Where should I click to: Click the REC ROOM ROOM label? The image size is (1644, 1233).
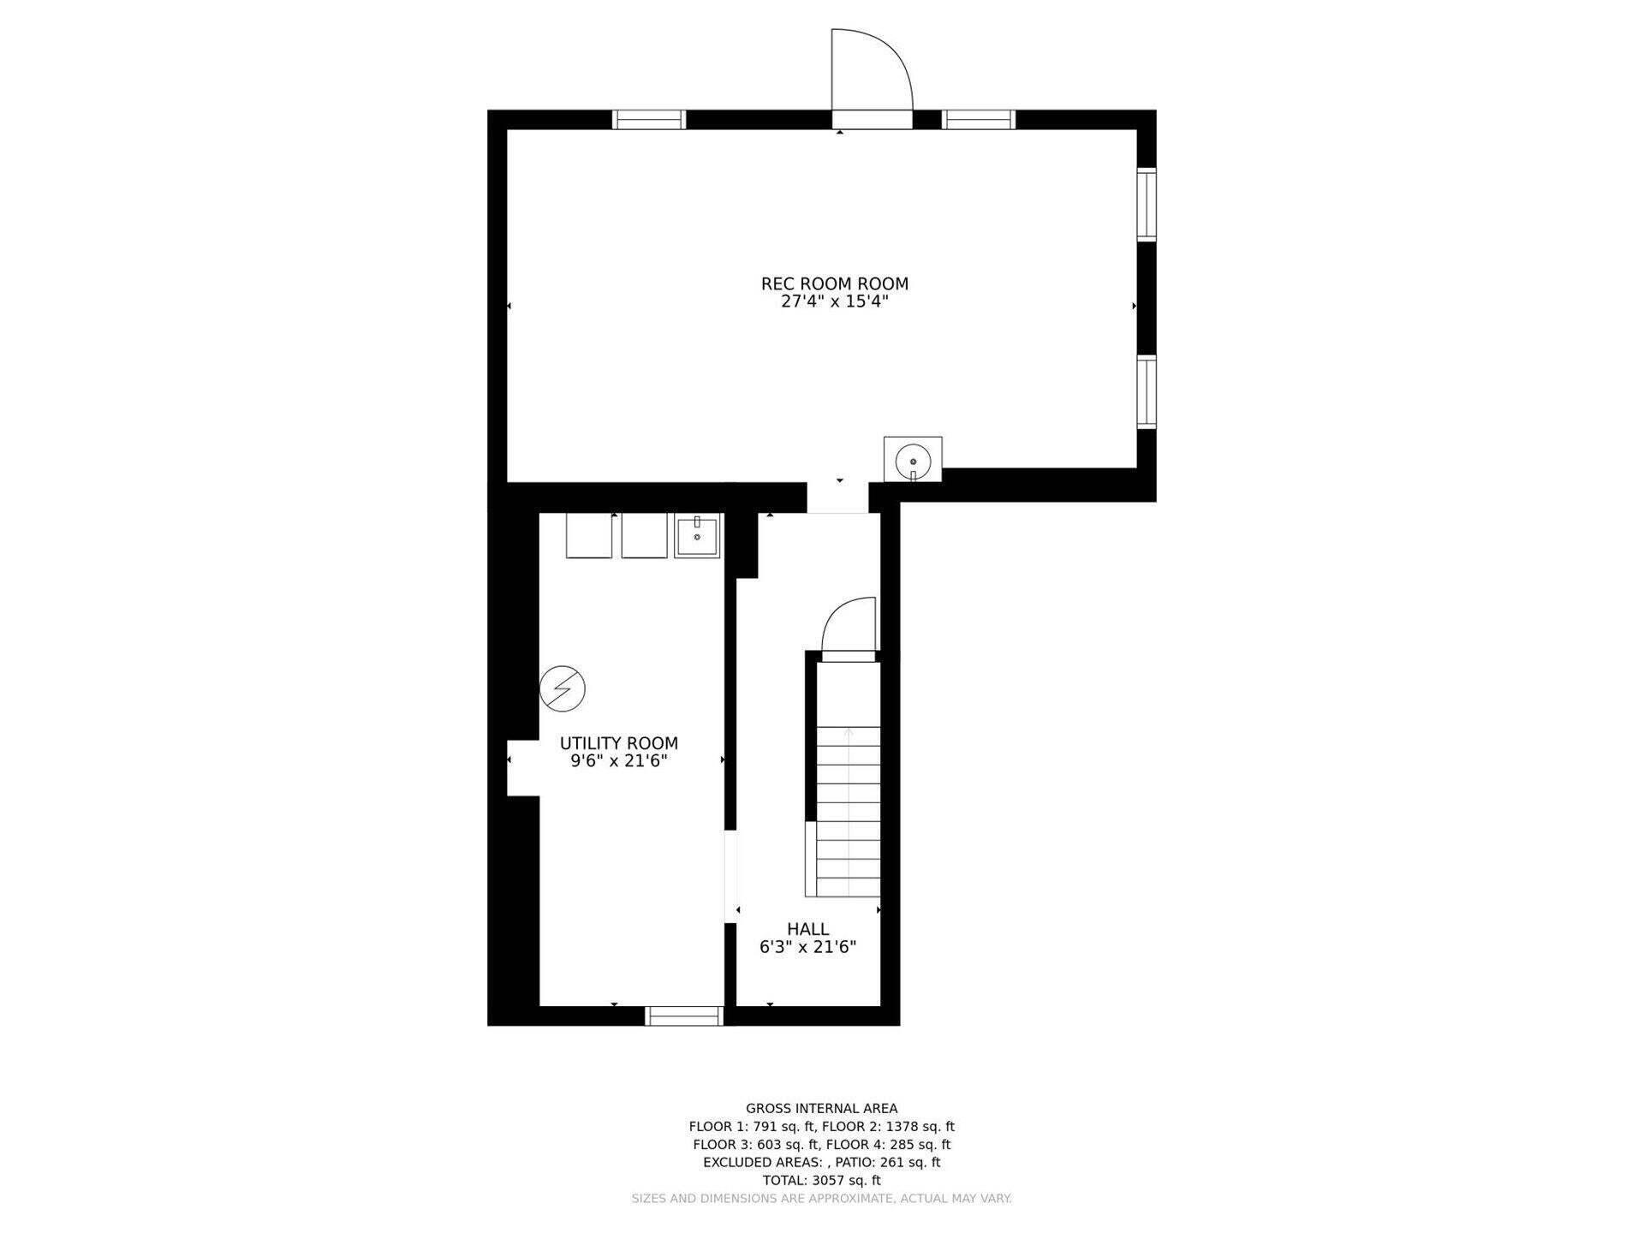coord(834,283)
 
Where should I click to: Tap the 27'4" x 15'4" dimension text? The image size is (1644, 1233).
coord(834,302)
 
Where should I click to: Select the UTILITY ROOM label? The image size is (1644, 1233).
coord(618,743)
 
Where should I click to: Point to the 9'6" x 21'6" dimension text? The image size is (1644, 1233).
coord(618,761)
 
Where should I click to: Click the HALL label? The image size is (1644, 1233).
coord(807,929)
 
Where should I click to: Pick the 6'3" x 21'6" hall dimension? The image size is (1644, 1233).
coord(807,947)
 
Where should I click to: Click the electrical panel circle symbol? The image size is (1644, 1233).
coord(563,688)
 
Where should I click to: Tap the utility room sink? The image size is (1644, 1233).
coord(697,536)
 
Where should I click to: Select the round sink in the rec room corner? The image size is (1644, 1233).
coord(913,461)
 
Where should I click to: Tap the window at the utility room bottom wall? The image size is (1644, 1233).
coord(684,1016)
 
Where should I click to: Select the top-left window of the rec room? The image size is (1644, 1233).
coord(649,120)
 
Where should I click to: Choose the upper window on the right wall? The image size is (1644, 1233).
coord(1146,205)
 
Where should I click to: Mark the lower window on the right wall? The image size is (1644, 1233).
coord(1146,391)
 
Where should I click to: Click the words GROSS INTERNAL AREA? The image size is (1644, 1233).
coord(821,1109)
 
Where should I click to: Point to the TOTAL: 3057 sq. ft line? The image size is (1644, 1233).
coord(821,1180)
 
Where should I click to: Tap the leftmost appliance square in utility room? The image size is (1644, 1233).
coord(588,536)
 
